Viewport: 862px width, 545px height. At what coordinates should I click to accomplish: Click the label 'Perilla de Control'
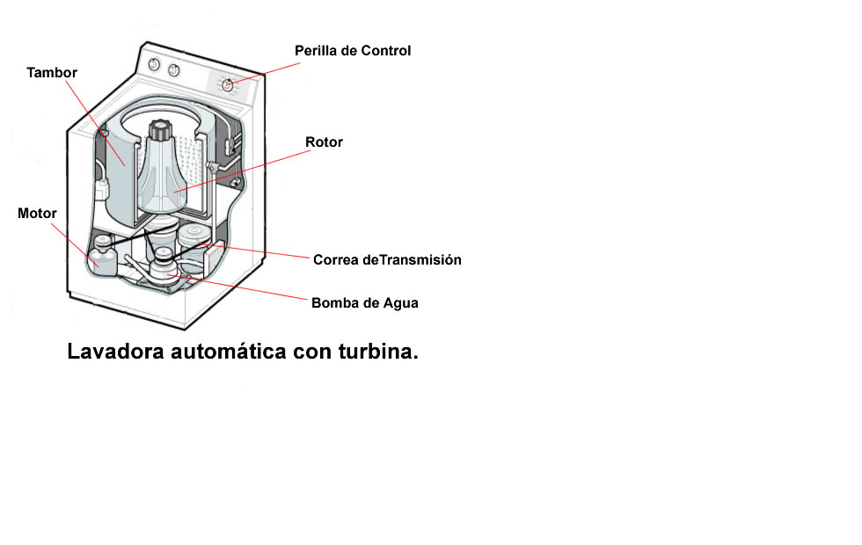353,51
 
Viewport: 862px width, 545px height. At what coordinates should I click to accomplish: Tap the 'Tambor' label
52,72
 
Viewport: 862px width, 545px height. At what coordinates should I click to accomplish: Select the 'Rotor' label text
324,142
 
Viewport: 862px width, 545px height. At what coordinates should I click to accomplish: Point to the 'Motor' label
37,213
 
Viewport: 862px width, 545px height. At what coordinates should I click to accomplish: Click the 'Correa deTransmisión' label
387,260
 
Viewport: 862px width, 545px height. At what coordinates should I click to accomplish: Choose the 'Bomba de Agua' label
364,303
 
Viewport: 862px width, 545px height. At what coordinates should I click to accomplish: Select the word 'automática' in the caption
228,351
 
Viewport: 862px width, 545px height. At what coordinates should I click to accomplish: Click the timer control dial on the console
227,84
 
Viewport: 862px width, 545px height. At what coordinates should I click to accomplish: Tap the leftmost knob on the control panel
155,65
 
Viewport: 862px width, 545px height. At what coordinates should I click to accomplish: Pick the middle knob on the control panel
174,70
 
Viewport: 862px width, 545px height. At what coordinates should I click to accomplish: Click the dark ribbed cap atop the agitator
161,130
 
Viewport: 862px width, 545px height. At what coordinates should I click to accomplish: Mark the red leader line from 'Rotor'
242,171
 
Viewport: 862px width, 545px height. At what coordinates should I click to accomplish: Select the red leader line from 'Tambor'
96,122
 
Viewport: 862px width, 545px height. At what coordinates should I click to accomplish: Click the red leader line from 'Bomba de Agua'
237,287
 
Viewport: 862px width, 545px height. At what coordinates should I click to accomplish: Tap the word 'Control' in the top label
385,51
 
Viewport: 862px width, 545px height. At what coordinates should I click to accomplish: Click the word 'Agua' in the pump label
401,303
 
